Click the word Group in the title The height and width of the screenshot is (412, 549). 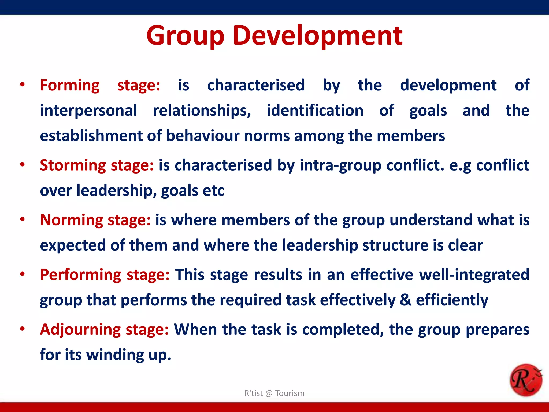click(x=185, y=36)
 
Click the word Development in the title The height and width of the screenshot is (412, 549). click(x=317, y=36)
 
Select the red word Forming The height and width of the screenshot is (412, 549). click(x=70, y=85)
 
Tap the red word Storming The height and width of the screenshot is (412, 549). click(x=73, y=165)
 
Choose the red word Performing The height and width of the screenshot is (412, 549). click(x=81, y=275)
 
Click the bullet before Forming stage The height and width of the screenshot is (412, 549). click(x=23, y=85)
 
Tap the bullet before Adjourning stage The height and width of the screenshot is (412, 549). click(x=23, y=329)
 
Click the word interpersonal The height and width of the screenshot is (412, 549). click(x=88, y=111)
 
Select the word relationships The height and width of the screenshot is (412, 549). click(x=202, y=111)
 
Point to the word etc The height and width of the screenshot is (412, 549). click(x=213, y=191)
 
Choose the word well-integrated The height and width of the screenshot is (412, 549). click(x=474, y=275)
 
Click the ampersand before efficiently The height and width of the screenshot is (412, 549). click(x=405, y=300)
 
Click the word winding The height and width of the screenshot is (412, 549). click(x=115, y=355)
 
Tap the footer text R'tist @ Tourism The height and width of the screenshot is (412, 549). click(x=274, y=393)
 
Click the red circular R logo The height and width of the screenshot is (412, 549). click(x=526, y=380)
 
